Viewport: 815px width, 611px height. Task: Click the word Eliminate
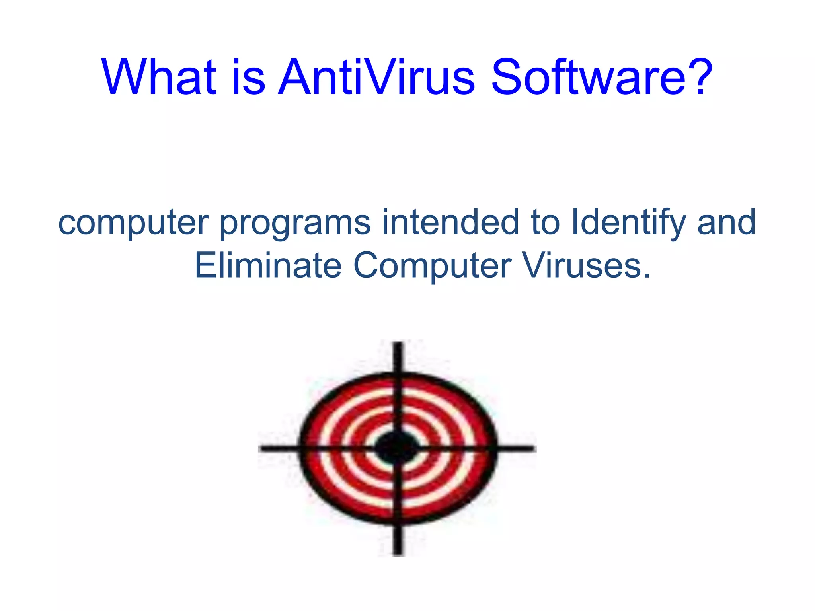pyautogui.click(x=268, y=265)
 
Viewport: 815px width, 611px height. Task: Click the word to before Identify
pyautogui.click(x=545, y=223)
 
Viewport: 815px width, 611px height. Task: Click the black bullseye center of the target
pyautogui.click(x=397, y=448)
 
